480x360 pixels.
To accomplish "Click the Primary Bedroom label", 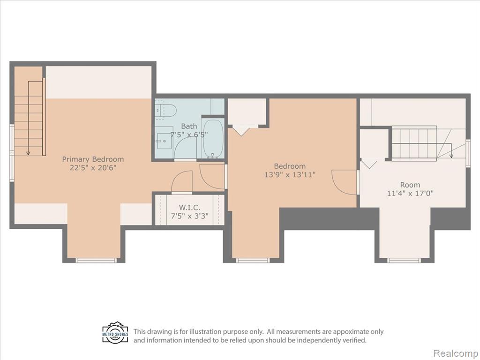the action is coord(93,159).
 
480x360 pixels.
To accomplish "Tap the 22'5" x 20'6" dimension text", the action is coord(93,168).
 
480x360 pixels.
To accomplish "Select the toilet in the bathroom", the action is coord(165,111).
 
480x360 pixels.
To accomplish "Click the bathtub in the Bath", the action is coord(213,138).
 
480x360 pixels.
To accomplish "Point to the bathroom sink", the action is coord(165,141).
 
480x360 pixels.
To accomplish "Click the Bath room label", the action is coord(189,126).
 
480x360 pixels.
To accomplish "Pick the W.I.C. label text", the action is coord(189,208).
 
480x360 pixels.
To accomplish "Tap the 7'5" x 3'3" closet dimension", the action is coord(189,216).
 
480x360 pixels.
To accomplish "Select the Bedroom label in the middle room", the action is coord(290,166).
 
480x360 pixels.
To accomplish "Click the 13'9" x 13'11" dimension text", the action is coord(290,174).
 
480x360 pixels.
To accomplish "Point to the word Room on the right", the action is coord(410,185).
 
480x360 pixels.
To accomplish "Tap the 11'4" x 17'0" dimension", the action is coord(410,193).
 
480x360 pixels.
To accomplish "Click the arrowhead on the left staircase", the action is coord(28,153).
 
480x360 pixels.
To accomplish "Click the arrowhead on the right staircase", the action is coord(451,156).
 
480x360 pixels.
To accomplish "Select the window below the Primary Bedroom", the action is coord(96,260).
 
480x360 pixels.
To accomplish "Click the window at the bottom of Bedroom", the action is coord(253,260).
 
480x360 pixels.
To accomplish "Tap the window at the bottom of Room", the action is coord(404,260).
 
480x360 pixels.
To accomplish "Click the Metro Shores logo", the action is coord(115,332).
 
